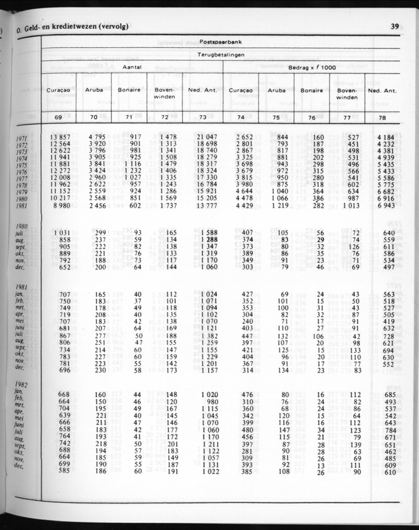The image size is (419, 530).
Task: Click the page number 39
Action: click(x=394, y=27)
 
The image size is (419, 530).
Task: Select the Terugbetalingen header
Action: click(x=221, y=55)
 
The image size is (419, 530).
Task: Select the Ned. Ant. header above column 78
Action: click(x=383, y=91)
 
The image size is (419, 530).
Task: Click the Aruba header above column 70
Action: click(x=94, y=91)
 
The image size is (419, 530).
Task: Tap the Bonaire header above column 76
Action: click(x=312, y=91)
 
